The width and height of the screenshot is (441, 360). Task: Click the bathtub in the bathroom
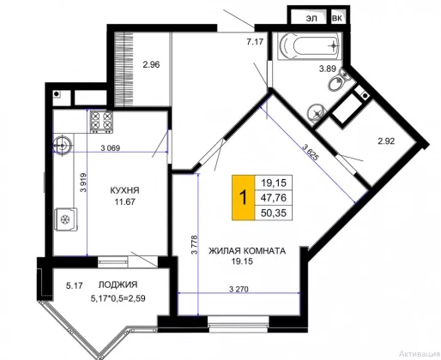pyautogui.click(x=310, y=45)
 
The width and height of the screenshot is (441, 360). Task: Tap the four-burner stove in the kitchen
pyautogui.click(x=101, y=122)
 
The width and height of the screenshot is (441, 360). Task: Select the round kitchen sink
pyautogui.click(x=62, y=145)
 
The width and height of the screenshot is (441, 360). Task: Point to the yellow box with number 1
pyautogui.click(x=243, y=197)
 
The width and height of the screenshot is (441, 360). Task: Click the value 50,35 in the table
pyautogui.click(x=274, y=213)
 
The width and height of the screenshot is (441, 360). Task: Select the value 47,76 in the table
pyautogui.click(x=274, y=197)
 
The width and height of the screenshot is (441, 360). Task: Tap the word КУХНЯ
pyautogui.click(x=124, y=190)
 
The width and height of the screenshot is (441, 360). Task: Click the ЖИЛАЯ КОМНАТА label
pyautogui.click(x=247, y=251)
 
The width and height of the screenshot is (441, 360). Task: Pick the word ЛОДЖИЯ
pyautogui.click(x=118, y=285)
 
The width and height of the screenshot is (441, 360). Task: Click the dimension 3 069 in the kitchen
pyautogui.click(x=111, y=148)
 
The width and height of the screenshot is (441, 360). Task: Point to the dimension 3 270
pyautogui.click(x=239, y=289)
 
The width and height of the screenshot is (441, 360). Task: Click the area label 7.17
pyautogui.click(x=255, y=42)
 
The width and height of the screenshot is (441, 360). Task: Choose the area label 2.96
pyautogui.click(x=151, y=65)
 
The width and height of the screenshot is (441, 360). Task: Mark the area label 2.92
pyautogui.click(x=386, y=141)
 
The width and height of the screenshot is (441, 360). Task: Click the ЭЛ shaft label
pyautogui.click(x=311, y=18)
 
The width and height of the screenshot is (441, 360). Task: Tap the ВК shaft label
pyautogui.click(x=337, y=18)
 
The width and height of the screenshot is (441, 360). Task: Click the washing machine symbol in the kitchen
pyautogui.click(x=66, y=219)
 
